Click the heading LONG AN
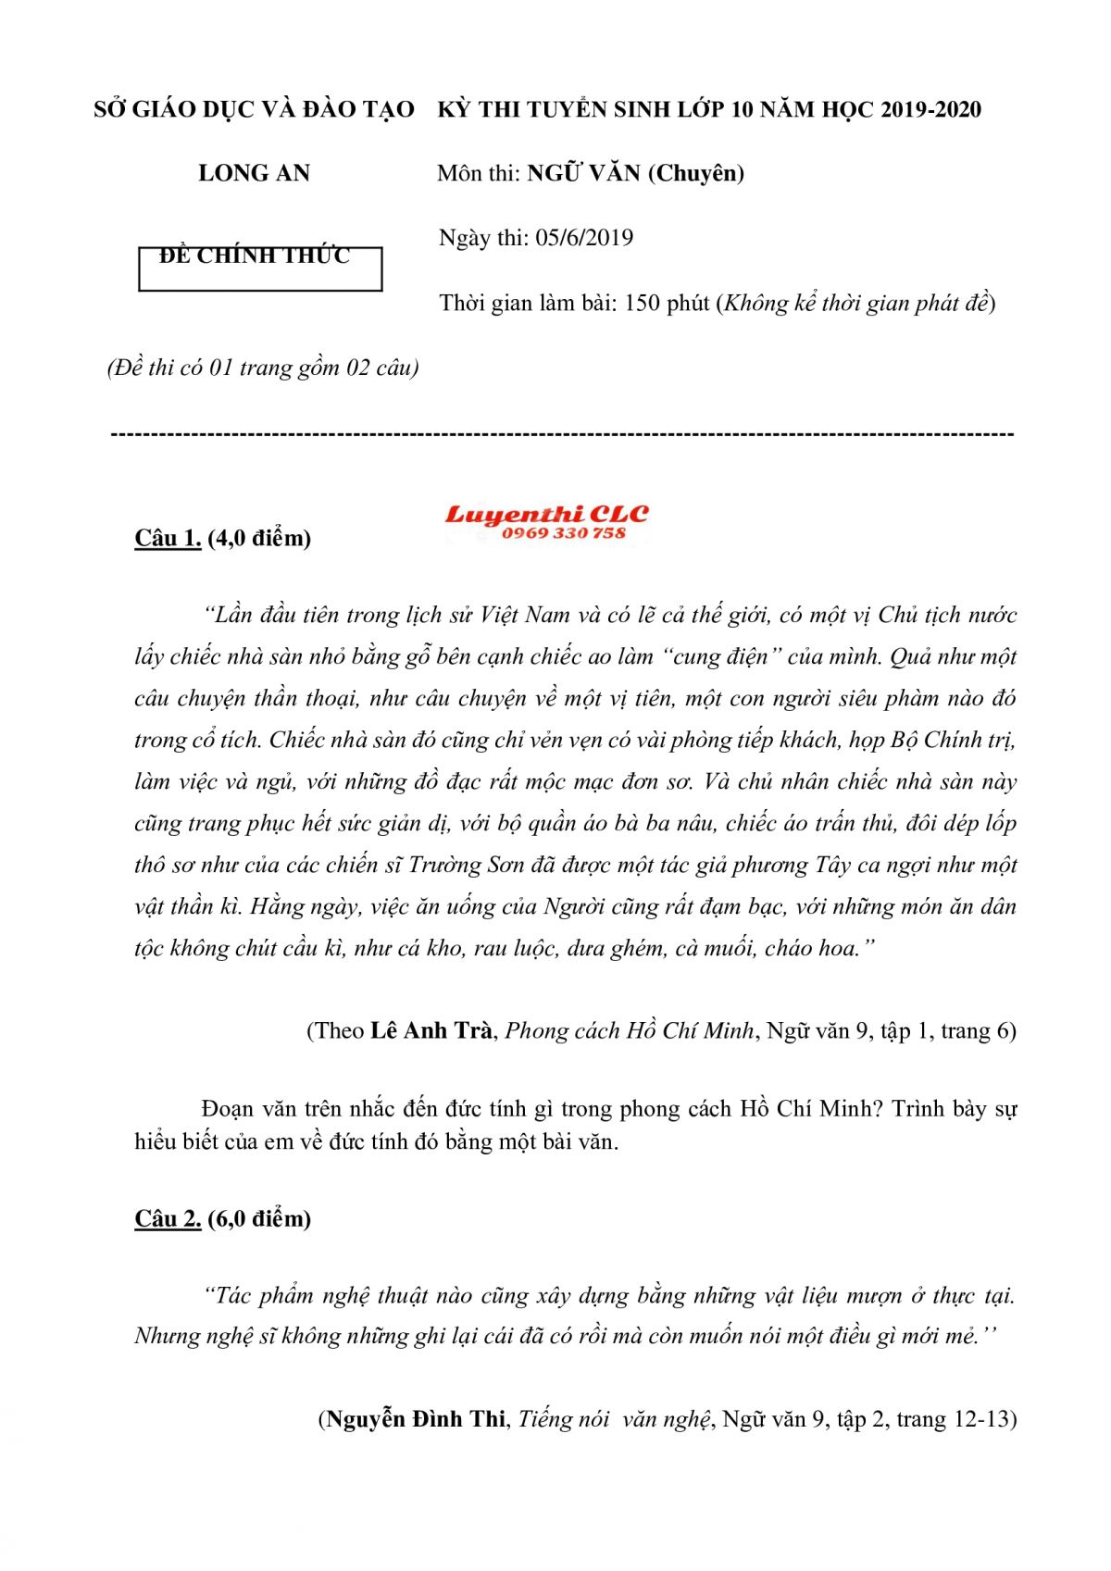tap(254, 173)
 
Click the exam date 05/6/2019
tap(584, 238)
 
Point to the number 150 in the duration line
tap(642, 303)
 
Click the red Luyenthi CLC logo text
tap(546, 514)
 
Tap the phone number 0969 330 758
tap(564, 533)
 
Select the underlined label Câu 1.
tap(168, 538)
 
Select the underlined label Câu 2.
tap(168, 1218)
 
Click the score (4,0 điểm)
tap(259, 538)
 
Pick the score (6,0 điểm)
tap(259, 1218)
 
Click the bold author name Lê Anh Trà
tap(431, 1030)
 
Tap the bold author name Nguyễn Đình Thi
tap(416, 1419)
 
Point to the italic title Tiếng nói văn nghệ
tap(615, 1419)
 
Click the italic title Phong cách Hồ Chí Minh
tap(630, 1030)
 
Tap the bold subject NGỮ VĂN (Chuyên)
tap(636, 173)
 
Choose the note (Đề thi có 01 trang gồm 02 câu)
tap(263, 368)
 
